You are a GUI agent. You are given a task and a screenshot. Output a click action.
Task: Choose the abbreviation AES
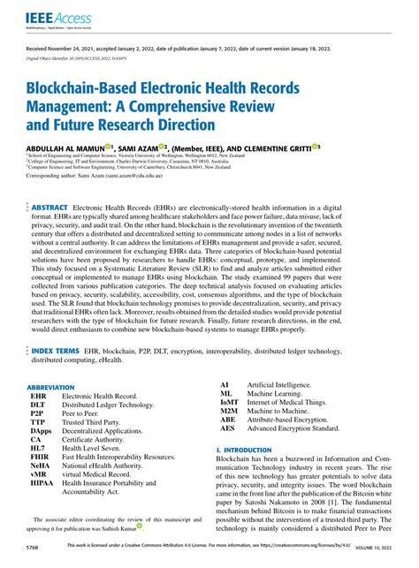click(227, 453)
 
